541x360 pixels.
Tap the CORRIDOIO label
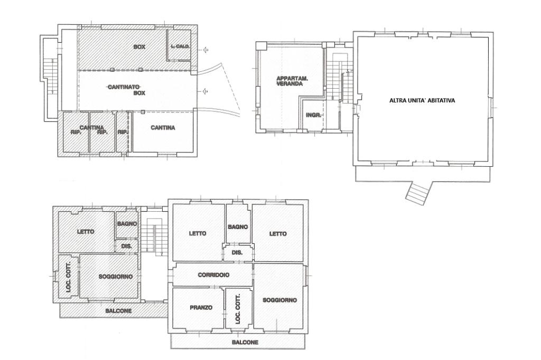(213, 275)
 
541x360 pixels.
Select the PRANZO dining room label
(201, 308)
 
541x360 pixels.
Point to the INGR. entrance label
(314, 115)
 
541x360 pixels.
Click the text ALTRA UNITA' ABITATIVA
(422, 101)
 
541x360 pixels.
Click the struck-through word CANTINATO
(124, 87)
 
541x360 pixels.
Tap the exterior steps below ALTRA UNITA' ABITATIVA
(418, 194)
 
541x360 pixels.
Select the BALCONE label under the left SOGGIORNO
(118, 311)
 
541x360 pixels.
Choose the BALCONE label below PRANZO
(245, 343)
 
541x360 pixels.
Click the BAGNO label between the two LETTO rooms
(238, 227)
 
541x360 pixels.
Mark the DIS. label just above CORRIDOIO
(237, 252)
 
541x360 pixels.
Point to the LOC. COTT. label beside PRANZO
(238, 309)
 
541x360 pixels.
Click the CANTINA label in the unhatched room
(163, 128)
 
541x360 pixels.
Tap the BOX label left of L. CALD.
(139, 47)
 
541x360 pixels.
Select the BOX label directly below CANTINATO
(139, 93)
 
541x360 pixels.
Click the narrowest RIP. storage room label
(123, 132)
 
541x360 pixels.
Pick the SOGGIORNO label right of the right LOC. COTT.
(280, 300)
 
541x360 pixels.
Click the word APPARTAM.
(292, 79)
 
